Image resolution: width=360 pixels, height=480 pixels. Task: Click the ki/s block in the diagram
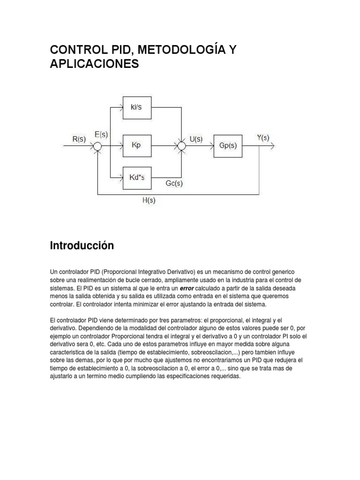136,107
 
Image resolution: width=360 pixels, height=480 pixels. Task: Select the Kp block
136,146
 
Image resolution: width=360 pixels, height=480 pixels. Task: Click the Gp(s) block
228,146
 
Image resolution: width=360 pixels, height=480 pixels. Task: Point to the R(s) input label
78,139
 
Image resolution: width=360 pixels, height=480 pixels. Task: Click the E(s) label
101,134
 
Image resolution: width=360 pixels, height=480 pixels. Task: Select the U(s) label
196,139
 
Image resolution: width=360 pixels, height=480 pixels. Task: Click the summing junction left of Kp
97,146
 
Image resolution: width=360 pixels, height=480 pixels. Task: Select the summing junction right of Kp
181,146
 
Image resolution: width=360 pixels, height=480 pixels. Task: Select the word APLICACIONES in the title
94,64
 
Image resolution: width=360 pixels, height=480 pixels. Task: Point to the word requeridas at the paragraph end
223,376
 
